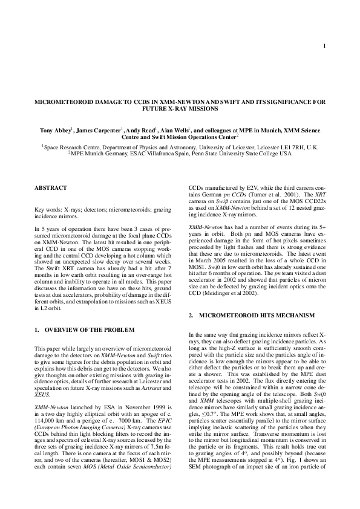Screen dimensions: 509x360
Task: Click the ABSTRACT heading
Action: pos(51,188)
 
